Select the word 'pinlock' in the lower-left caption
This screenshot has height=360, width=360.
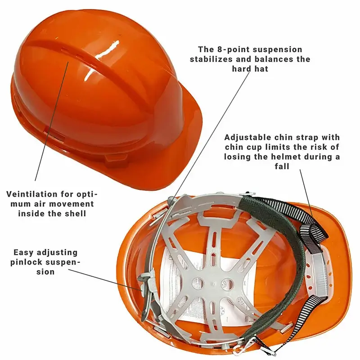click(x=26, y=262)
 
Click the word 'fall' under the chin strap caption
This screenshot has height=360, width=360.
click(x=282, y=166)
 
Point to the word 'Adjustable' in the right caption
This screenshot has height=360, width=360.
click(x=247, y=137)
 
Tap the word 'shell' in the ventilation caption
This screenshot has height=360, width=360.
click(x=75, y=213)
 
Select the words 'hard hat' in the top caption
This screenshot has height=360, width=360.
click(x=250, y=69)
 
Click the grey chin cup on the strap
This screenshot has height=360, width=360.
click(x=318, y=273)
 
